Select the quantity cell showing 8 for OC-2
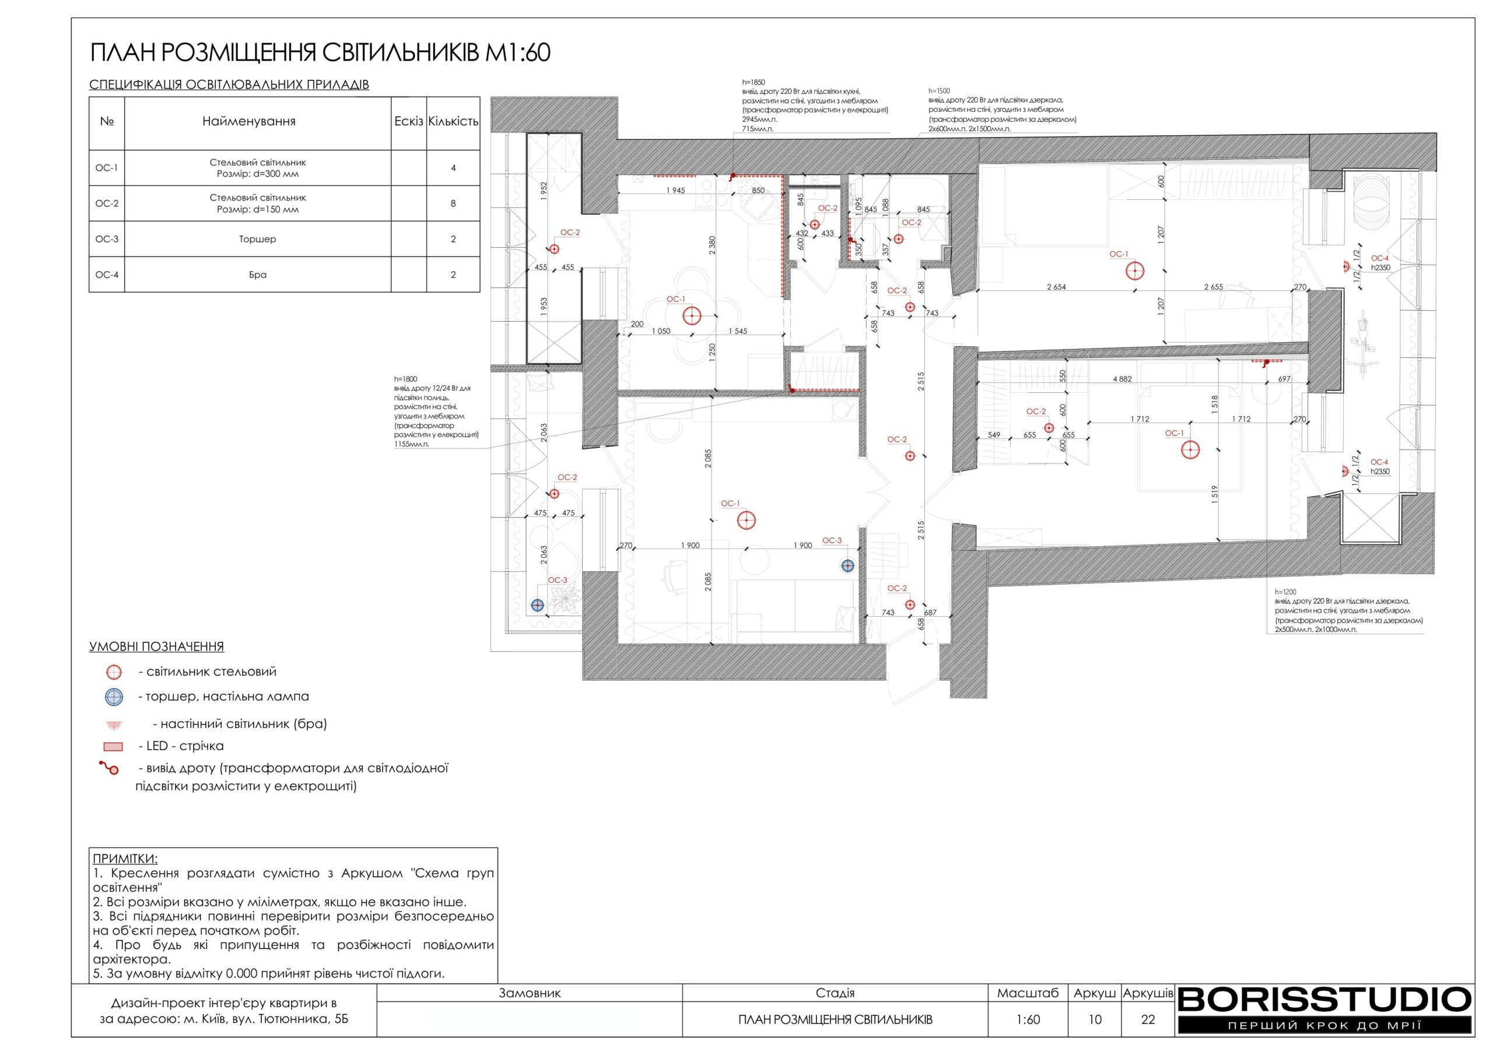point(453,203)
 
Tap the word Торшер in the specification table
point(258,239)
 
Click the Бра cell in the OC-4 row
point(258,275)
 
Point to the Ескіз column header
point(408,122)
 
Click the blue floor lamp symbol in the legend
point(114,697)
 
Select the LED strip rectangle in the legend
point(113,746)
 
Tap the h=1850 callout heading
point(753,83)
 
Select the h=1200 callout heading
point(1285,592)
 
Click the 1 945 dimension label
point(675,191)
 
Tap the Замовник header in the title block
point(530,993)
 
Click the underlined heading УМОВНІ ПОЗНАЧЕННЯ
point(157,647)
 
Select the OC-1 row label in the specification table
point(107,168)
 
